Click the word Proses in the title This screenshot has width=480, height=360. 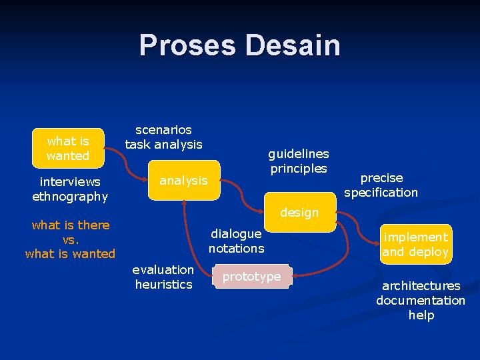[x=188, y=45]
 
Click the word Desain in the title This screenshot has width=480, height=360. [x=293, y=45]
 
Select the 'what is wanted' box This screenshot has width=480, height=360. [x=67, y=148]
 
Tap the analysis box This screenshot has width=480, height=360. [x=183, y=181]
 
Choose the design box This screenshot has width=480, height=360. [x=299, y=213]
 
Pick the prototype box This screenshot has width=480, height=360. [x=251, y=277]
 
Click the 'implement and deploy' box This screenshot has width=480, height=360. [x=415, y=245]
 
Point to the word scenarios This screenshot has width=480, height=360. [x=163, y=129]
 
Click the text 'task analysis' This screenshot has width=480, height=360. [x=163, y=144]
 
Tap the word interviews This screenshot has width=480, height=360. [x=70, y=181]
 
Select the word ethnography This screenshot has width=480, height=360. [x=70, y=196]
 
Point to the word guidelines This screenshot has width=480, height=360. [x=299, y=153]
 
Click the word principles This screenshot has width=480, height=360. [x=299, y=168]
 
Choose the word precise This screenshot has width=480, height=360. [x=381, y=178]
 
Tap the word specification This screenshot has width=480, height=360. [x=381, y=193]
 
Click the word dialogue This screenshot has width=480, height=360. [x=236, y=234]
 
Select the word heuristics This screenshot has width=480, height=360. [x=163, y=285]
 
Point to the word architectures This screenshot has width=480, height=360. [x=421, y=285]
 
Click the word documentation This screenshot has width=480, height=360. [x=421, y=300]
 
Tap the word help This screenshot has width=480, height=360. [x=421, y=315]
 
